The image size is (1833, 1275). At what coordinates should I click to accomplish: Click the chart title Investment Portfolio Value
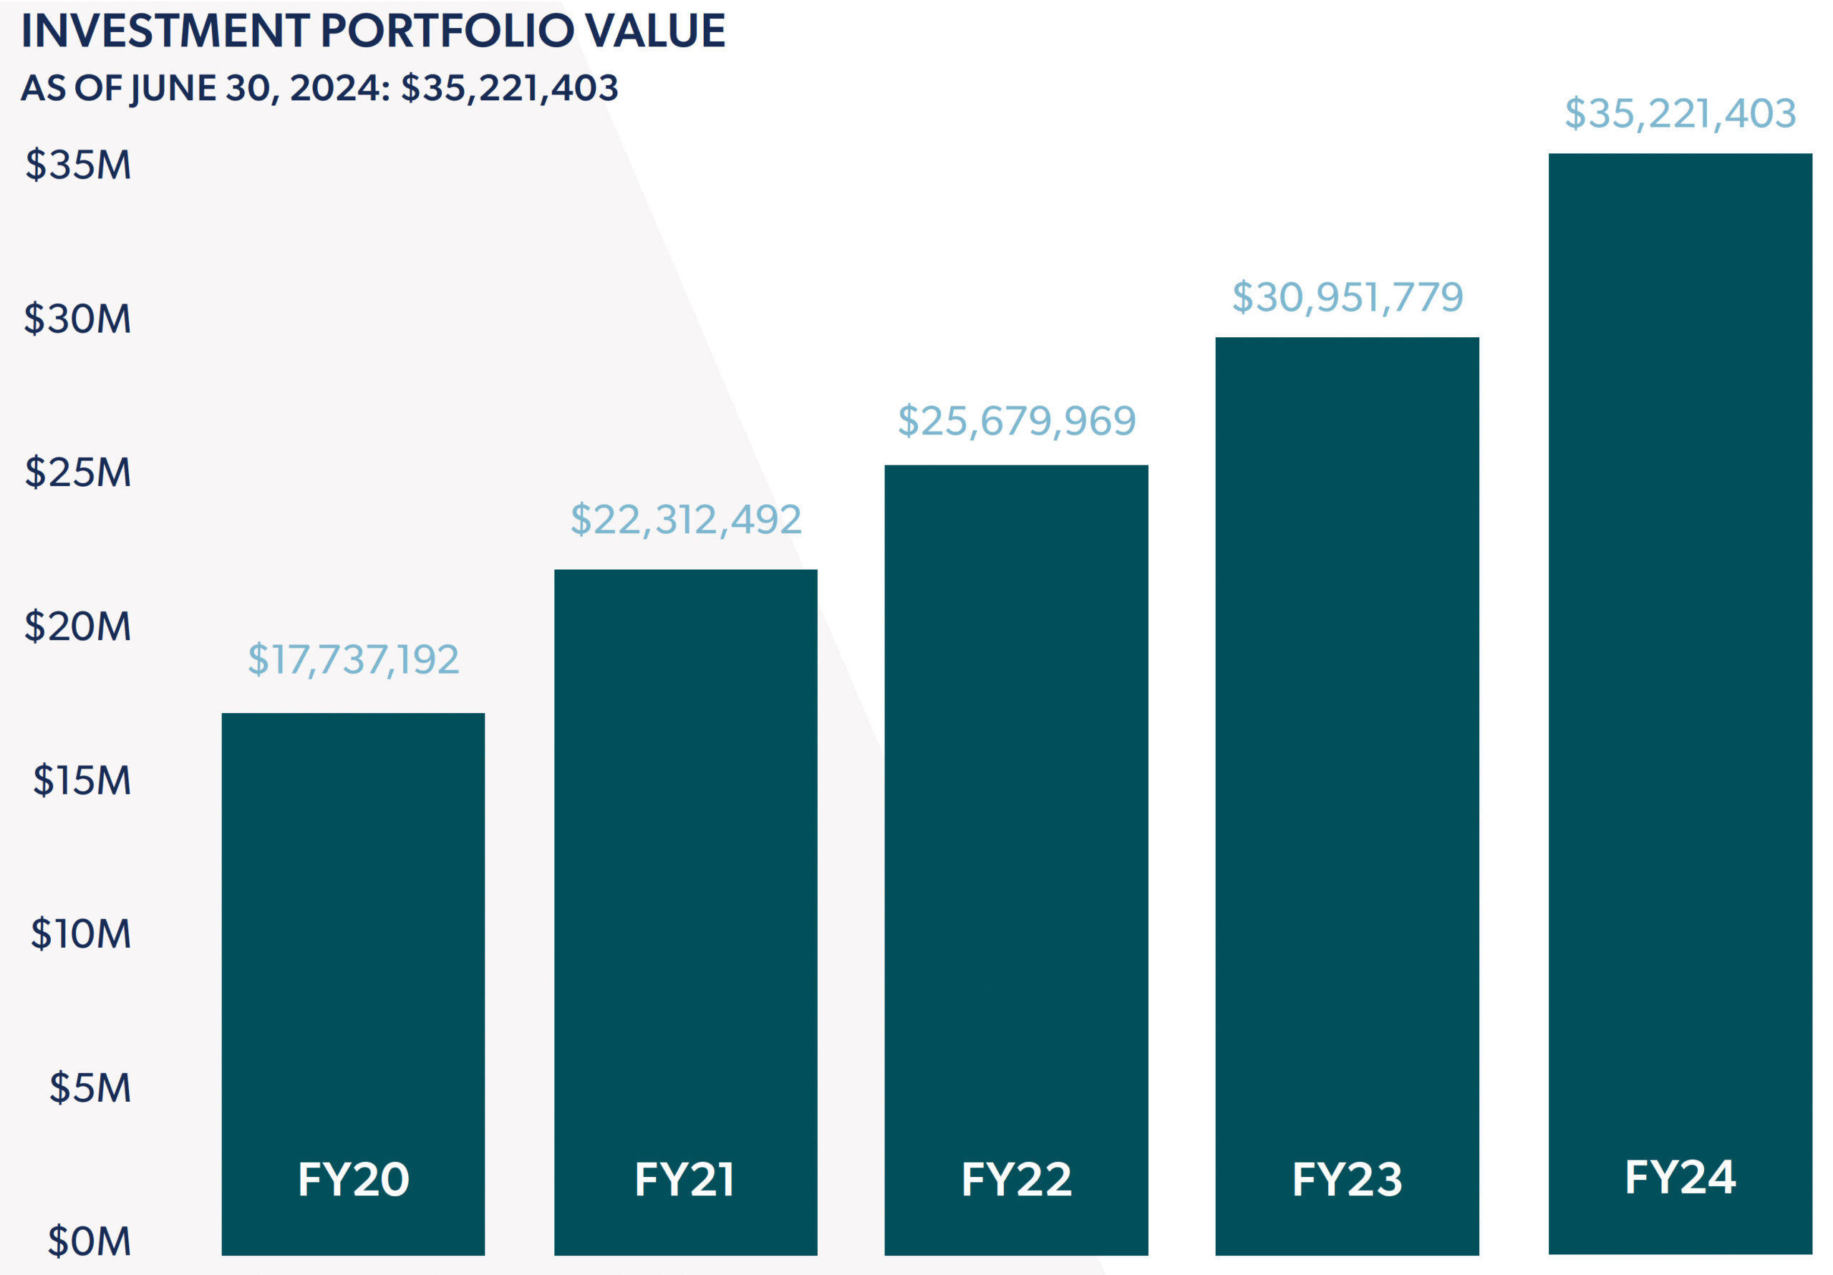(x=373, y=31)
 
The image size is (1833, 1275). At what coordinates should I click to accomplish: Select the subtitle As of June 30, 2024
(x=319, y=88)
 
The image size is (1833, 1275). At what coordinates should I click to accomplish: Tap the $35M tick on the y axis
(x=78, y=165)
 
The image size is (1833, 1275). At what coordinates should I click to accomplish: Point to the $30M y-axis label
(x=77, y=319)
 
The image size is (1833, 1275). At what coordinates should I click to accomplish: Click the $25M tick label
(x=78, y=472)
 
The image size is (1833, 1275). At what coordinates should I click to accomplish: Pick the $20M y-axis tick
(x=78, y=626)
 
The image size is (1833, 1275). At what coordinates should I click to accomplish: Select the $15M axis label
(x=82, y=780)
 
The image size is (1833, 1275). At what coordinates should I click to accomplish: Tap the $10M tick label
(x=81, y=934)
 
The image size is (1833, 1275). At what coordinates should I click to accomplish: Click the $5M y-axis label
(x=90, y=1087)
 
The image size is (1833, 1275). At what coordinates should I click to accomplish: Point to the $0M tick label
(x=90, y=1241)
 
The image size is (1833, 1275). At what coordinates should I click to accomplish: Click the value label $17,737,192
(x=353, y=659)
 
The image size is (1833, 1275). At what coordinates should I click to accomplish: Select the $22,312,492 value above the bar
(x=686, y=520)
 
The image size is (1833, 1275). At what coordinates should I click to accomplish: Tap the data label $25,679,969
(x=1016, y=421)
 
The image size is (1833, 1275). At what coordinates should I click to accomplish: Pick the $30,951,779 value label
(x=1348, y=297)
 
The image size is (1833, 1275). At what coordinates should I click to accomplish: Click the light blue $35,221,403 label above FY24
(x=1680, y=113)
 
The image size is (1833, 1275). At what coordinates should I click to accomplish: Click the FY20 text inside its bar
(x=353, y=1179)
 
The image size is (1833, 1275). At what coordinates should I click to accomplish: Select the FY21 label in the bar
(x=685, y=1179)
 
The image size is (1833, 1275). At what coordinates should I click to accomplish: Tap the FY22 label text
(x=1016, y=1179)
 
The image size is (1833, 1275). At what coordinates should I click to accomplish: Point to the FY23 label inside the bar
(x=1347, y=1179)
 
